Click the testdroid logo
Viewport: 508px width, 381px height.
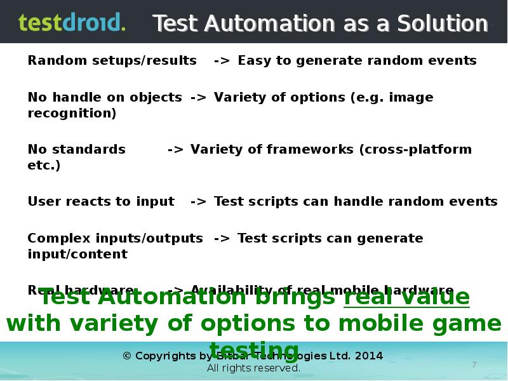[72, 22]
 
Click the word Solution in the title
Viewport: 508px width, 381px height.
[442, 23]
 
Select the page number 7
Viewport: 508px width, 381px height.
[474, 364]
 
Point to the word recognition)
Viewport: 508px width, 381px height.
[72, 114]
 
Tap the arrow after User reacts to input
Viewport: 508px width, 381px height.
[198, 202]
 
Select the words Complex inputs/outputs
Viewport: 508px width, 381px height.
[115, 239]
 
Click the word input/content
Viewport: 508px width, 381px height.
[77, 255]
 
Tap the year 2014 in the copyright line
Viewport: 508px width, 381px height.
[369, 356]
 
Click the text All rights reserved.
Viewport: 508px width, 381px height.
[253, 368]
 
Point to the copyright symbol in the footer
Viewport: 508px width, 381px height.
[126, 356]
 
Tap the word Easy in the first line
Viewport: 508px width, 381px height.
[253, 61]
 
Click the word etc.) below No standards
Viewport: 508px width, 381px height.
[44, 166]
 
